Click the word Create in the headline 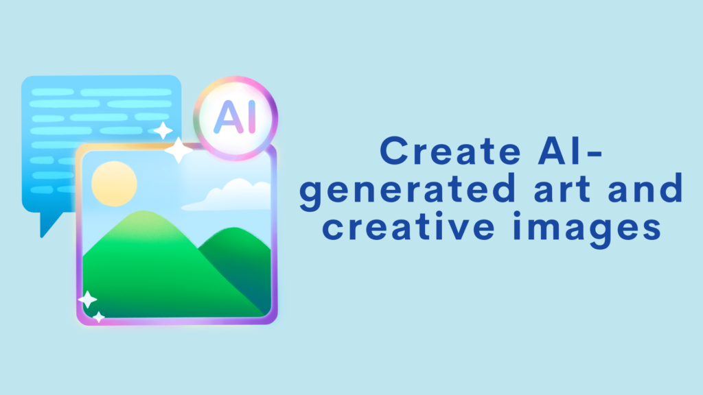450,151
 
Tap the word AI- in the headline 571,151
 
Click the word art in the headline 563,189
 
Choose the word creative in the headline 408,226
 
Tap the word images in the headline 587,229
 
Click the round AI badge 236,118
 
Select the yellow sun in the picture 115,184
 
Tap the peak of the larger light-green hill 143,211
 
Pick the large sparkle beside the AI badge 178,150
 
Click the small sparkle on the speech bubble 163,130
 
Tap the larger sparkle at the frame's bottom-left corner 87,300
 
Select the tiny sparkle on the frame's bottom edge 99,317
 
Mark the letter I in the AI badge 252,117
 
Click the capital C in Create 393,151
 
